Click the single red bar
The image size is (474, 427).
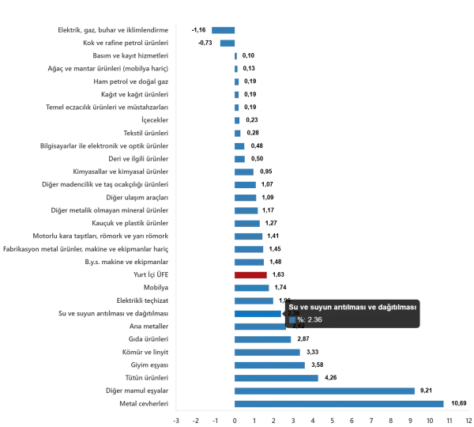250,274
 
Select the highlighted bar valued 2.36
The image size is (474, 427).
258,313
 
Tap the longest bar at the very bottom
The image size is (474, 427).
340,404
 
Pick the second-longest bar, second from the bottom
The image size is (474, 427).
325,391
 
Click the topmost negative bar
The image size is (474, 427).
224,31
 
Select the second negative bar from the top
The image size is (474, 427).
227,43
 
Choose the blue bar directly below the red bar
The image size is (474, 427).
253,287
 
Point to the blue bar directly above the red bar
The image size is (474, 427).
250,262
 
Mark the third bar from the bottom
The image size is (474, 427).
277,378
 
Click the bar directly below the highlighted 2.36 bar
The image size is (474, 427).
261,327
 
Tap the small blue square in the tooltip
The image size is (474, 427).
292,319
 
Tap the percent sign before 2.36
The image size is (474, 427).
300,319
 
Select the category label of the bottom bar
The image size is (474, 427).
141,404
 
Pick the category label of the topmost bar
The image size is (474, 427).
114,31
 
